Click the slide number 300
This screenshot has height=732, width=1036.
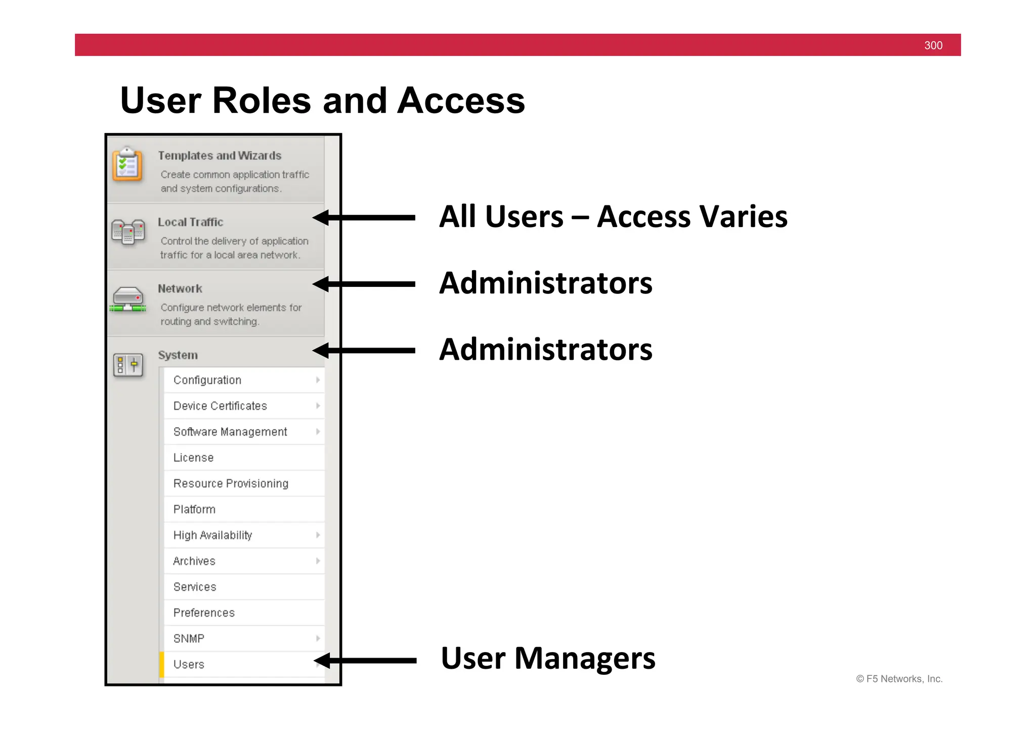point(933,46)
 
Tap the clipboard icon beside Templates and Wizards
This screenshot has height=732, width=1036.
point(127,164)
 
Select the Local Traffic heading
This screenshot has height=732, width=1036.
point(190,222)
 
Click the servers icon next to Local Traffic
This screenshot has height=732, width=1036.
point(128,232)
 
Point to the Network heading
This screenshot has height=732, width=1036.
point(180,288)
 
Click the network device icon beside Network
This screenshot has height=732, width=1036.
point(127,299)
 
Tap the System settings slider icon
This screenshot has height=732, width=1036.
point(128,365)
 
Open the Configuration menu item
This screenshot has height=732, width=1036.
point(207,380)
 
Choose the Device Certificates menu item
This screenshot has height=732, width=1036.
point(220,406)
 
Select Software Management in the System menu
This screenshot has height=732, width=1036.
point(230,432)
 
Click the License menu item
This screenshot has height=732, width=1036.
point(194,457)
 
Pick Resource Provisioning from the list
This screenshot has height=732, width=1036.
point(231,483)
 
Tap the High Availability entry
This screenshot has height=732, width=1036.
point(212,535)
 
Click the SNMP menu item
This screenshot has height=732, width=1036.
point(189,638)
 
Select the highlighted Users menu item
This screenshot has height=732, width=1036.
point(189,664)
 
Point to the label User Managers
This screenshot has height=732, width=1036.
point(548,658)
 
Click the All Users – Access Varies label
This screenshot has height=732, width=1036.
point(613,217)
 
